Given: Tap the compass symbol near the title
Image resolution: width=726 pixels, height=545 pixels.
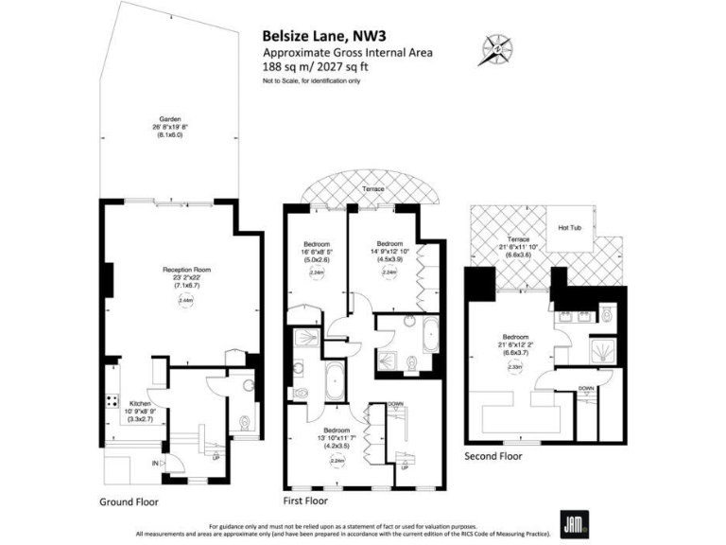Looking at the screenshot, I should coord(494,47).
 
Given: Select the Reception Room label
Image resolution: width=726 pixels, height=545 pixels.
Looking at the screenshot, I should coord(185,270).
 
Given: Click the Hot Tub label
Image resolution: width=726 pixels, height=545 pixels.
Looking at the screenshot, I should coord(570,228).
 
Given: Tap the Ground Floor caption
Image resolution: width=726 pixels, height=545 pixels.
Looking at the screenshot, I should coord(129,501).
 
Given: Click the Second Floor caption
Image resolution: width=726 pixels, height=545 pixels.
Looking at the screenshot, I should coord(493,455).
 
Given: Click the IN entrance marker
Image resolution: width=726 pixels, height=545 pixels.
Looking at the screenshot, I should coord(155,463).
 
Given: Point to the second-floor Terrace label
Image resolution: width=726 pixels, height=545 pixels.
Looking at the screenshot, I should coord(517,240).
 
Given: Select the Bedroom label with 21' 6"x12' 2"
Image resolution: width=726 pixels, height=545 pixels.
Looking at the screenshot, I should coord(515,336).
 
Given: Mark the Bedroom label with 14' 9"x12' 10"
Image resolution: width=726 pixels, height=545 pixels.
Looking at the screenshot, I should coord(389,243).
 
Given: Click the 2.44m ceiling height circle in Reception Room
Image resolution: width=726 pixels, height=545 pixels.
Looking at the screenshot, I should coord(185,300).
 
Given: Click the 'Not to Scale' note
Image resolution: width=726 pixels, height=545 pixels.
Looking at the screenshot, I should coord(312,82).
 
